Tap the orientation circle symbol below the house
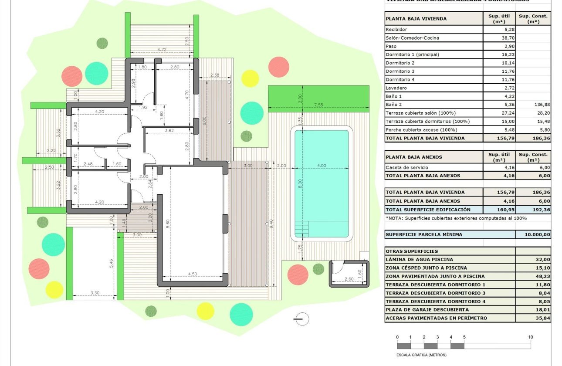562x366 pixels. [301, 319]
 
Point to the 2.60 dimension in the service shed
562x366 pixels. [349, 279]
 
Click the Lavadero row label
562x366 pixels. [396, 88]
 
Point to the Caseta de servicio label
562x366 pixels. [407, 167]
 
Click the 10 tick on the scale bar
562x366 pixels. [530, 337]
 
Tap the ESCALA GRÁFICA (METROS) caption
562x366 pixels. [421, 355]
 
